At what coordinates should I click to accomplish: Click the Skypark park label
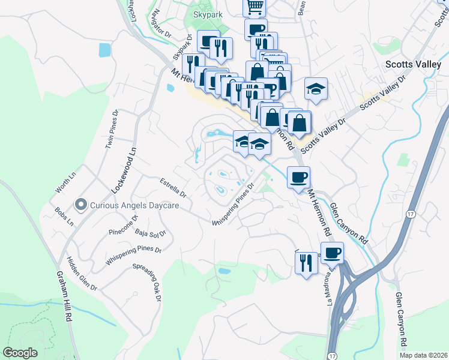(x=208, y=13)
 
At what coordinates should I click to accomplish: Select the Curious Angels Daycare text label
(x=134, y=205)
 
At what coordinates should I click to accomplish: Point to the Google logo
(x=20, y=352)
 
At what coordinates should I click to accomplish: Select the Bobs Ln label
(x=64, y=218)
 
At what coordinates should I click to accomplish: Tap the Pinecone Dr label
(x=124, y=225)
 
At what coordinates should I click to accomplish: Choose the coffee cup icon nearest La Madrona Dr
(x=332, y=253)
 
